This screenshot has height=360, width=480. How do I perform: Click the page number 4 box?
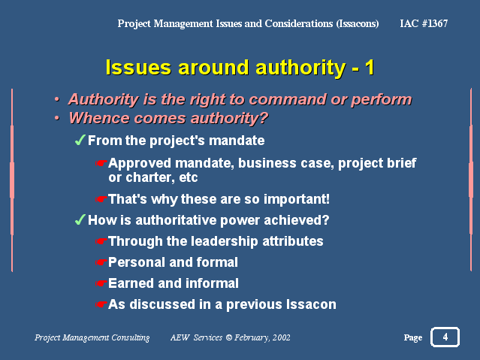[445, 337]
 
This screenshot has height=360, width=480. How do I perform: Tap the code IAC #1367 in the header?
[424, 23]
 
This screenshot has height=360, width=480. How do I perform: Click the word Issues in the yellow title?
[138, 67]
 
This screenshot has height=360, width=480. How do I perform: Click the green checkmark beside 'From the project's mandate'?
[80, 141]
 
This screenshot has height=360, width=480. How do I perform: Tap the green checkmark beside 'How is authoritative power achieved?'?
[80, 219]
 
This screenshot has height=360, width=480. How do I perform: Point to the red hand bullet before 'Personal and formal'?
[101, 262]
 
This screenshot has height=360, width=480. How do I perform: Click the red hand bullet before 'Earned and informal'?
[101, 283]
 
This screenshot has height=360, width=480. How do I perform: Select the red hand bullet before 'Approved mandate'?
[101, 163]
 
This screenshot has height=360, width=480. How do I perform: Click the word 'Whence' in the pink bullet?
[99, 118]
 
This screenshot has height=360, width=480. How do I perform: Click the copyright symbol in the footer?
[228, 337]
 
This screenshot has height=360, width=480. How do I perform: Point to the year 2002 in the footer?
[281, 337]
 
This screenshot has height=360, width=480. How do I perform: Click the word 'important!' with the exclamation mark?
[296, 199]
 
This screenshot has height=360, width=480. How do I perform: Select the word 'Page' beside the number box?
[412, 337]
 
